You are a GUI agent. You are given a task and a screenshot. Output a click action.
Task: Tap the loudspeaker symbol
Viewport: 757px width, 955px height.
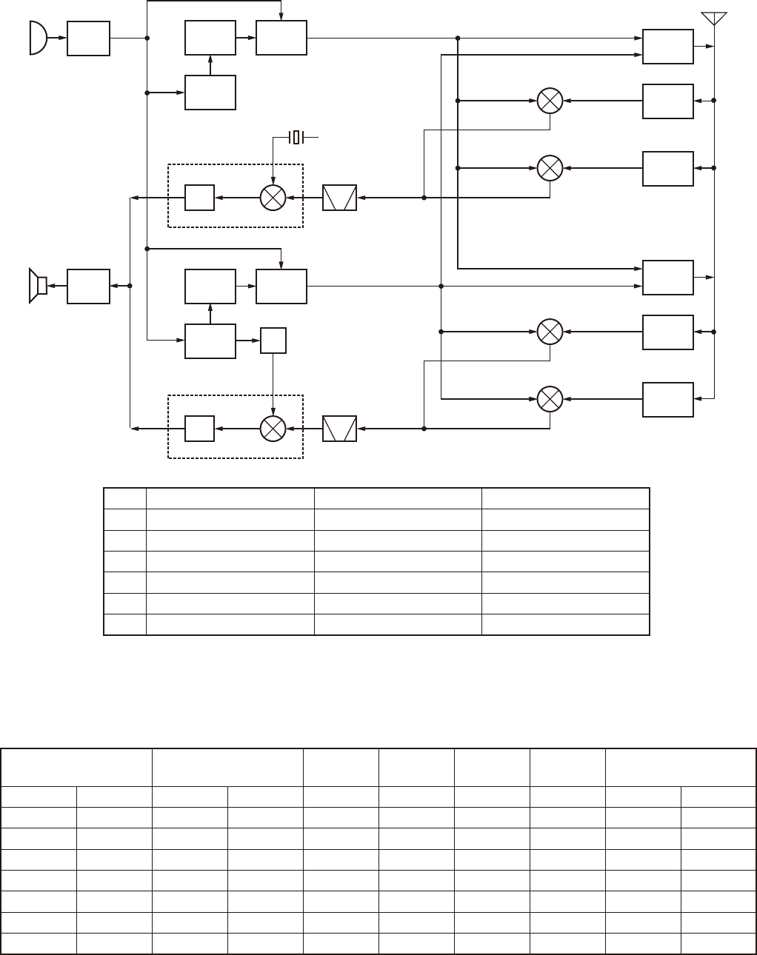coord(37,286)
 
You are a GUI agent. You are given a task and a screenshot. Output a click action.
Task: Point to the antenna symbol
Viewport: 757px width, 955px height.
coord(714,19)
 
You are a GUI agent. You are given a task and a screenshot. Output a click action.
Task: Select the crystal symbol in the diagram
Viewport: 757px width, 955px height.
coord(296,137)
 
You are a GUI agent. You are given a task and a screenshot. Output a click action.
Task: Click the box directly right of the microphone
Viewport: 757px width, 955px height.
coord(88,38)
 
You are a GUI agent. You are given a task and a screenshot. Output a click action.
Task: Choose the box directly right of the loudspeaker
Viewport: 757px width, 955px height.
coord(88,286)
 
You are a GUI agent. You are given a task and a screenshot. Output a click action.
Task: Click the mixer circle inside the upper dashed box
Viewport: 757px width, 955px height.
coord(273,198)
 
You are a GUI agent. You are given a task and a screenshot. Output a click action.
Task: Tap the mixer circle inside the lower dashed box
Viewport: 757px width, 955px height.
coord(273,428)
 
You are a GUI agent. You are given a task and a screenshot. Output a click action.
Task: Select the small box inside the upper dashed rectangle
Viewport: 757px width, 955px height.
coord(199,198)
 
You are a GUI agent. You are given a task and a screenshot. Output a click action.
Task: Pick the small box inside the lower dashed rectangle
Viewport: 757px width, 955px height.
coord(199,428)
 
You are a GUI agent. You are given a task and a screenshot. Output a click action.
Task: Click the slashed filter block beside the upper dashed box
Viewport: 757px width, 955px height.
coord(340,198)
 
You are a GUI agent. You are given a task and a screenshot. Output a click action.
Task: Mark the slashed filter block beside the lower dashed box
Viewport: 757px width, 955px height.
coord(340,428)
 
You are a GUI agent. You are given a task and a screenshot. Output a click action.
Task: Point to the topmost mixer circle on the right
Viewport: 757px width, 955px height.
coord(550,101)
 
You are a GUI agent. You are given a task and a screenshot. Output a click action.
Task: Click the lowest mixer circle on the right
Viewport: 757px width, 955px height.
coord(550,400)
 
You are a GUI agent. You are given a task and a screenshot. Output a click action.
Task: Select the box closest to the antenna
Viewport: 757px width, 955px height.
coord(668,47)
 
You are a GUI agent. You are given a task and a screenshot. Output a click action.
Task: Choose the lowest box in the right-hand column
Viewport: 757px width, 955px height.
coord(668,400)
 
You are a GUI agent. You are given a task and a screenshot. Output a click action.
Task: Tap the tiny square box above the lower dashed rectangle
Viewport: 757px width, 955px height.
coord(273,341)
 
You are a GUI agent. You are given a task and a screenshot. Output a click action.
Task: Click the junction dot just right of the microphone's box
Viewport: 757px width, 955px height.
coord(147,38)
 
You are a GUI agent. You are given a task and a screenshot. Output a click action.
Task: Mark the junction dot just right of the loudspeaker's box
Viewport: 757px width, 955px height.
coord(130,286)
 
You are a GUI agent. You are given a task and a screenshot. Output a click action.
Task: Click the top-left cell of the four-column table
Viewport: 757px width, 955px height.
coord(125,497)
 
